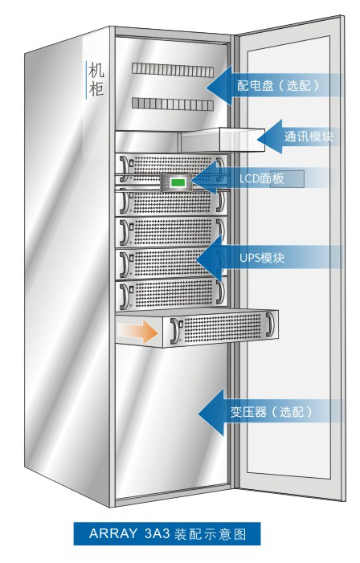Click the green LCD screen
[179, 182]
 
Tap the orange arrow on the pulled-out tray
[138, 332]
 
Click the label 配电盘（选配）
[278, 85]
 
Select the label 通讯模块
[309, 137]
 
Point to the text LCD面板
[261, 178]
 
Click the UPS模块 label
[262, 258]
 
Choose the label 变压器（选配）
[272, 412]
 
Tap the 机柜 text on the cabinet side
[96, 80]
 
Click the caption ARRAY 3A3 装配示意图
[167, 533]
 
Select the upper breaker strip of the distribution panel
[173, 69]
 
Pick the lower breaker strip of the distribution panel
[173, 104]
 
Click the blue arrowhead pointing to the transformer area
[211, 413]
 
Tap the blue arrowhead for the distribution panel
[219, 85]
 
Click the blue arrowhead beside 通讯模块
[269, 137]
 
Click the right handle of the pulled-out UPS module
[270, 325]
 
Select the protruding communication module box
[223, 140]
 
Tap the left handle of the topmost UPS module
[125, 166]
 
